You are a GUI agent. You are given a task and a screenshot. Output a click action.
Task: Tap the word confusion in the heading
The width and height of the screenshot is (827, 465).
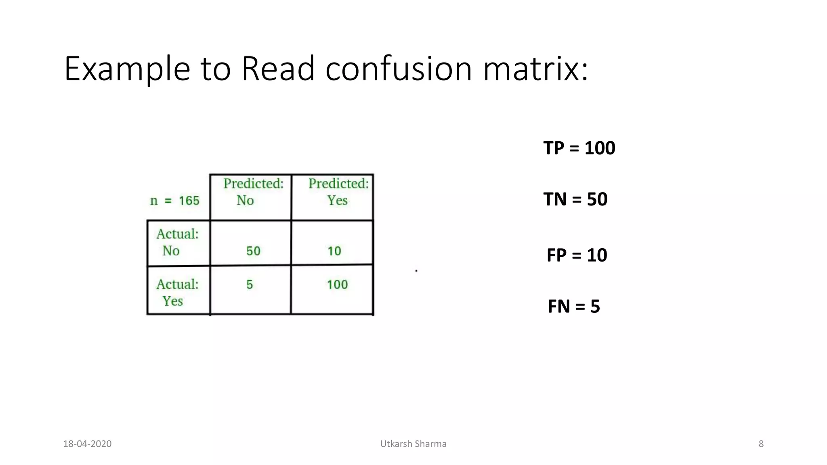399,69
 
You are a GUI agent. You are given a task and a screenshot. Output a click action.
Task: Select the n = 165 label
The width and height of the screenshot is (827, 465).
175,201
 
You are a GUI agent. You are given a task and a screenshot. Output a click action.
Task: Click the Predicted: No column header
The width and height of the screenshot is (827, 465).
251,192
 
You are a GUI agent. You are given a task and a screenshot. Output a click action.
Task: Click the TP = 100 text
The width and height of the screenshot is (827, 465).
579,148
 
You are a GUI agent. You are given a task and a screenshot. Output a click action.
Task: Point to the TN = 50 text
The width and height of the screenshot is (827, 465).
575,199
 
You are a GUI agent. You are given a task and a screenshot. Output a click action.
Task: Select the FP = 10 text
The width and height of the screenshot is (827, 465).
577,255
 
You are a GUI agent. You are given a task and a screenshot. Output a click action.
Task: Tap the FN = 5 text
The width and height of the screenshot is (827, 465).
573,306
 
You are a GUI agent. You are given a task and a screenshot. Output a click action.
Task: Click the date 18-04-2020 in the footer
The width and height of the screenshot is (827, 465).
87,444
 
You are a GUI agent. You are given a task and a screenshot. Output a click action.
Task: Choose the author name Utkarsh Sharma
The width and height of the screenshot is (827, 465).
413,444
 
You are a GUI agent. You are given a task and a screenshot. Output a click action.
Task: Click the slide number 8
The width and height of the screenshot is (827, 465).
761,444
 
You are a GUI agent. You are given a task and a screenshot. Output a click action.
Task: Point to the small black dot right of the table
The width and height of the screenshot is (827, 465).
416,271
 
